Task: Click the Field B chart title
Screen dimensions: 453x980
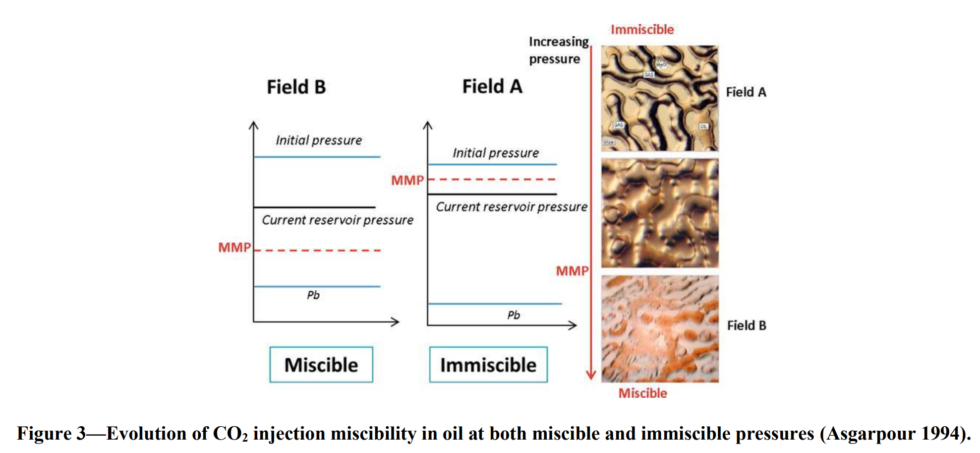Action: point(296,87)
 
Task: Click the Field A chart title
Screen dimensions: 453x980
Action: point(492,86)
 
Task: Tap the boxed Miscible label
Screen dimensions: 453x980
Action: point(321,365)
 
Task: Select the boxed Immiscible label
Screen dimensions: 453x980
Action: point(488,365)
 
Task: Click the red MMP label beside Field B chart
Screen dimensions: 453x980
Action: point(234,247)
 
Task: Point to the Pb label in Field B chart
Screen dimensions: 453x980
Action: point(313,295)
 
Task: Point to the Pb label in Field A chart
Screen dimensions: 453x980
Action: point(514,315)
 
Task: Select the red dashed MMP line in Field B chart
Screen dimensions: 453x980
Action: point(317,250)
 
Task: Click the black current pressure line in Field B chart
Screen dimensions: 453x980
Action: point(314,207)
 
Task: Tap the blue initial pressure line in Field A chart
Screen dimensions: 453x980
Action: point(492,164)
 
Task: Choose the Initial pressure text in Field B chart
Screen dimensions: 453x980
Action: point(319,140)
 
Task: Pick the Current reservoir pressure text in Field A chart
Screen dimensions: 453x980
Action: point(511,207)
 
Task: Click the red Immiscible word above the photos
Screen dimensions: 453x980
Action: point(642,30)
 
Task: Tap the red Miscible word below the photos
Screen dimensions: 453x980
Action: point(642,393)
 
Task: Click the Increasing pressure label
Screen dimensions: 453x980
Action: point(558,50)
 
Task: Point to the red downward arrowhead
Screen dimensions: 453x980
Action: point(590,375)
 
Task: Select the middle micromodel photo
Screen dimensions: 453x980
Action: point(660,213)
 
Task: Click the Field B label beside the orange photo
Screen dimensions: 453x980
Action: point(747,325)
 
